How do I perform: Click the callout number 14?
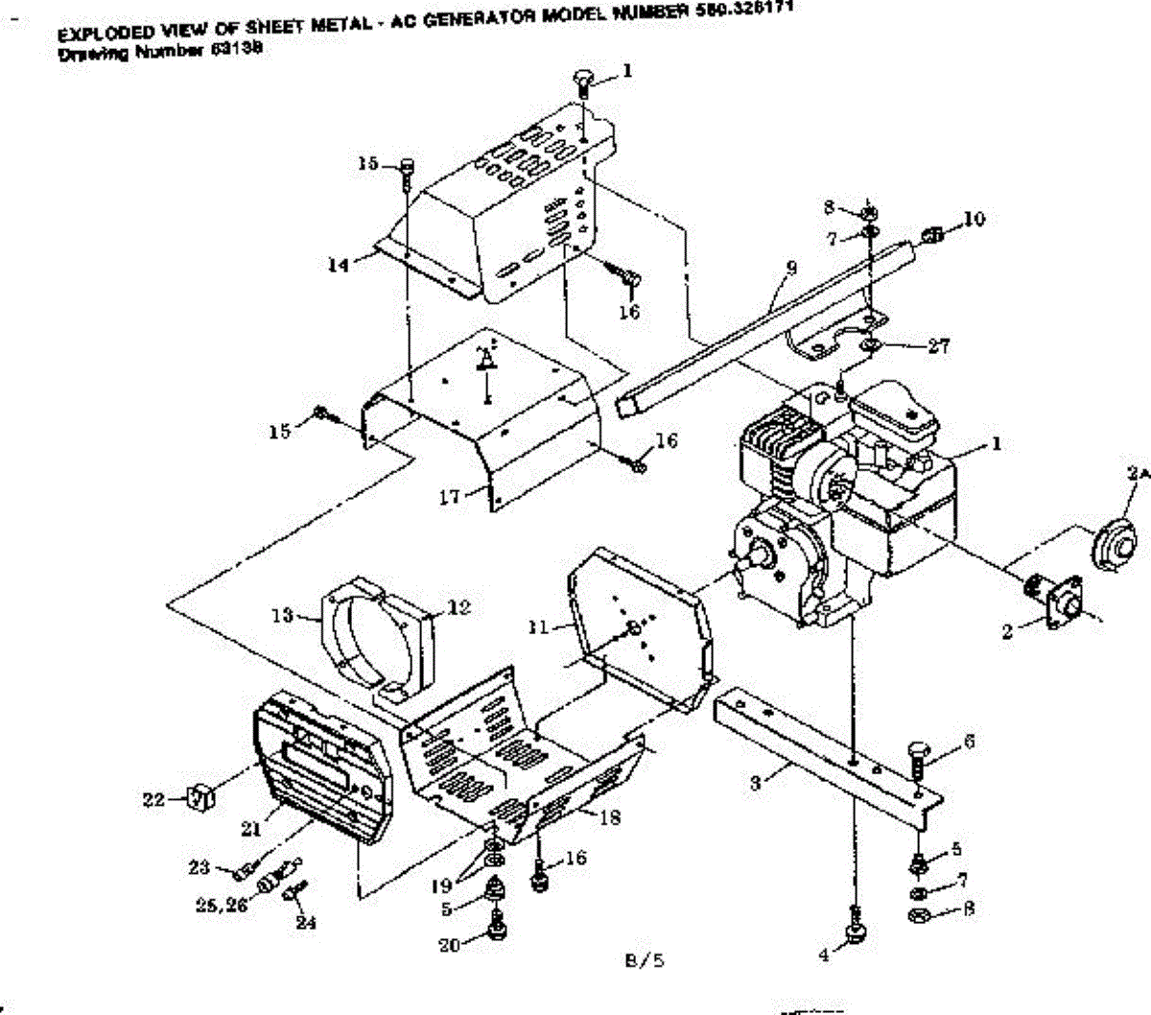338,266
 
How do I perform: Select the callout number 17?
450,496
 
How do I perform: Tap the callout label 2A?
1138,473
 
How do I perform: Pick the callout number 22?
153,799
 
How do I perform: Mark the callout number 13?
280,615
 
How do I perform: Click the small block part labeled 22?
200,795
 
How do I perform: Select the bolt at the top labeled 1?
583,81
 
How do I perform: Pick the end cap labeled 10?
931,233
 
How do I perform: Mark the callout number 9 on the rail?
790,270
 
